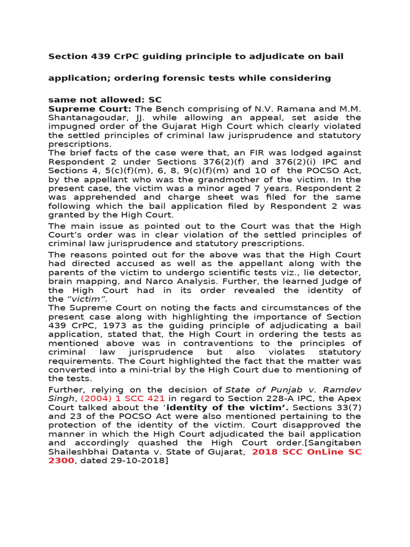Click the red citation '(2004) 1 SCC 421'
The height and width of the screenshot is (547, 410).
tap(122, 398)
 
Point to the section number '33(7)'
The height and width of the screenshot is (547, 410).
tap(350, 408)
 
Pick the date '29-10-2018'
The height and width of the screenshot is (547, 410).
tap(138, 460)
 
